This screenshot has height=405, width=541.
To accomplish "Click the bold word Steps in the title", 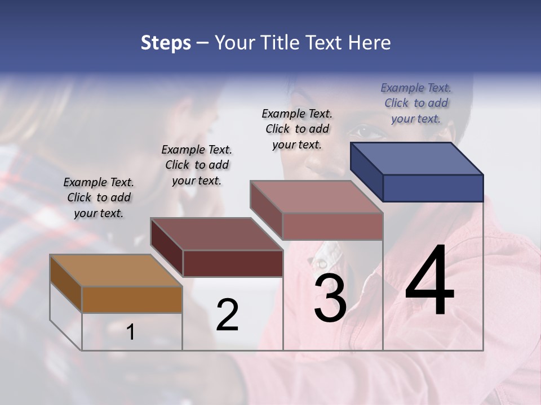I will (166, 43).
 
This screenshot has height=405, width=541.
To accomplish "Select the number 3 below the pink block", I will (330, 298).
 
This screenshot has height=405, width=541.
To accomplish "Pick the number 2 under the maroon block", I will (228, 315).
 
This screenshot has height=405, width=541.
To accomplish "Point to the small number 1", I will (131, 332).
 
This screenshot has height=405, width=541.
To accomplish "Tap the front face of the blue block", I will (433, 188).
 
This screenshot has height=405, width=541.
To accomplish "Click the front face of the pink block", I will (332, 226).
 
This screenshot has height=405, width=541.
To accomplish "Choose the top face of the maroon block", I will (216, 233).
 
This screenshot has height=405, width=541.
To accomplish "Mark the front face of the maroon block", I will (233, 263).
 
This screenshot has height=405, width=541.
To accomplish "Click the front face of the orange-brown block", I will (132, 299).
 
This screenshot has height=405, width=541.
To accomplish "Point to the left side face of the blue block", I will (366, 172).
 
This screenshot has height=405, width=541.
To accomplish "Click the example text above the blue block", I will (416, 103).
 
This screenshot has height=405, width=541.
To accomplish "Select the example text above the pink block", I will (297, 129).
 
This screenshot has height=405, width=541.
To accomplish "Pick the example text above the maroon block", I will (197, 165).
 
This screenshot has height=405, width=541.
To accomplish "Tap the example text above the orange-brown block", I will (99, 197).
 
